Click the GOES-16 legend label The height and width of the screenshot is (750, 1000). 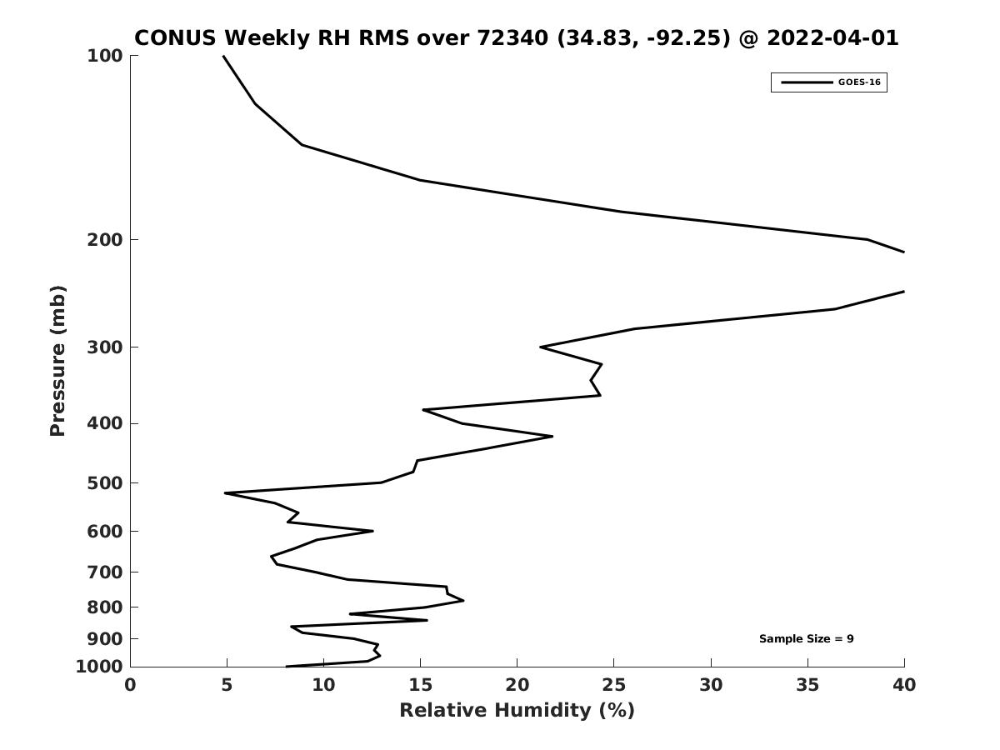click(x=859, y=82)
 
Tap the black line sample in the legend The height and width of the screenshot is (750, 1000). click(x=807, y=82)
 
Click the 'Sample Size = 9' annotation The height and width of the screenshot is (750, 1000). click(x=806, y=638)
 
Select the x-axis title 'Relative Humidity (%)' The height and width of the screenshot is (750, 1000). click(x=517, y=710)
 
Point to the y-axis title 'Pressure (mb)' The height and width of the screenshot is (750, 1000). click(x=57, y=361)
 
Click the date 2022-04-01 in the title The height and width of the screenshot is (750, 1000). click(x=832, y=37)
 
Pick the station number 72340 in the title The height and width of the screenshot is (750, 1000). click(x=512, y=37)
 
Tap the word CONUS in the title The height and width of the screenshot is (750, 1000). click(x=175, y=37)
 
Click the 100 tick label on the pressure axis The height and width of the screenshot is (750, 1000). click(x=105, y=56)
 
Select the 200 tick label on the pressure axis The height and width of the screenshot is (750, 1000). click(x=105, y=239)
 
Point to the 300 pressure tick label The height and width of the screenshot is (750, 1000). click(x=105, y=347)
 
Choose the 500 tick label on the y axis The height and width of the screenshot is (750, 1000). click(x=105, y=482)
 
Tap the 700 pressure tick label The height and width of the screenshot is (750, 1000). click(x=105, y=572)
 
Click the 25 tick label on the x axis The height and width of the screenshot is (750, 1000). click(x=613, y=685)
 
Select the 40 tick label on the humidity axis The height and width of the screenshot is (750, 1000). click(x=904, y=685)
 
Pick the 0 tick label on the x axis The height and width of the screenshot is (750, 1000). click(x=130, y=685)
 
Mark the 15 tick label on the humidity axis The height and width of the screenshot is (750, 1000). click(x=420, y=685)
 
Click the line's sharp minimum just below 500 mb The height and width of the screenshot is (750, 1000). click(x=225, y=492)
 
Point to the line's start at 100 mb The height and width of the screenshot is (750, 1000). click(x=223, y=56)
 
